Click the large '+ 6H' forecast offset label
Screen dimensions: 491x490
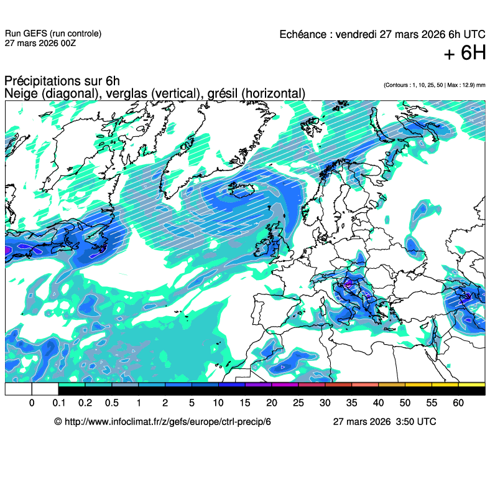pyautogui.click(x=465, y=54)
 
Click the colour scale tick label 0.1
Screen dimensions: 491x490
pyautogui.click(x=58, y=403)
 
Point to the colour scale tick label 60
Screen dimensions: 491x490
pyautogui.click(x=458, y=403)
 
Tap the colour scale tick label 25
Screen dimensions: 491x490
pyautogui.click(x=298, y=403)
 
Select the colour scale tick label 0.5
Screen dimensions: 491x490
pyautogui.click(x=112, y=403)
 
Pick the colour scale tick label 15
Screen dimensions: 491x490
pyautogui.click(x=245, y=403)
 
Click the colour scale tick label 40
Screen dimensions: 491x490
pyautogui.click(x=378, y=403)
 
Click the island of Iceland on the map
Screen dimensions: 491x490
pyautogui.click(x=239, y=187)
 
